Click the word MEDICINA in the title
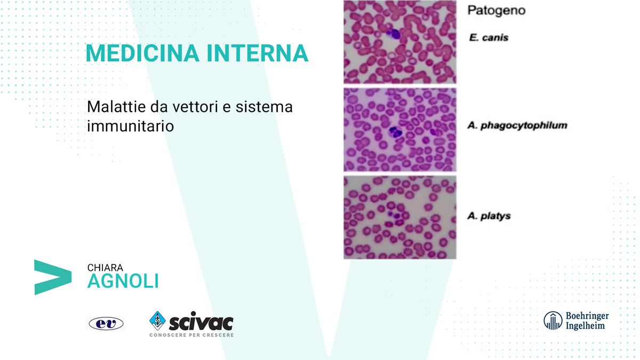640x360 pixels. (142, 53)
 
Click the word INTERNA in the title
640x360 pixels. (258, 53)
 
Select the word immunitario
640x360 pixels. (131, 126)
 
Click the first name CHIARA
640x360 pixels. (105, 268)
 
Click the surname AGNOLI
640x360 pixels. (123, 281)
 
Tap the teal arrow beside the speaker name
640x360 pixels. (53, 277)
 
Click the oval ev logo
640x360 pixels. (106, 324)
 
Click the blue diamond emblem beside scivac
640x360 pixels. (157, 321)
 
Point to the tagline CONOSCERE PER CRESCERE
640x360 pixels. (191, 335)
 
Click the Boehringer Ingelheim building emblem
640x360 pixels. (553, 321)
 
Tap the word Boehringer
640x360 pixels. (587, 316)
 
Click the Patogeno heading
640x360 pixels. (497, 11)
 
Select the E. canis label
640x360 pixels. (489, 37)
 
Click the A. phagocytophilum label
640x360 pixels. (517, 125)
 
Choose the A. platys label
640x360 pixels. (489, 216)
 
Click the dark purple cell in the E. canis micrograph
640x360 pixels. (394, 34)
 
